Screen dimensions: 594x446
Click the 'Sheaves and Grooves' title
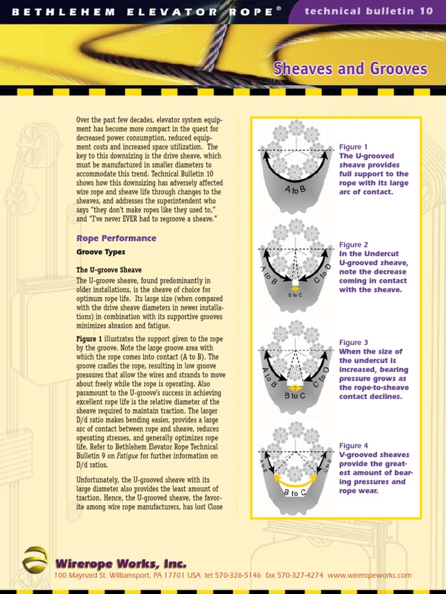coord(350,70)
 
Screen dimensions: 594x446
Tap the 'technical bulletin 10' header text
coord(369,11)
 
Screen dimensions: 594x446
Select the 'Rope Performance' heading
coord(116,238)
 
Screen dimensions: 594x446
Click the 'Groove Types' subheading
coord(100,252)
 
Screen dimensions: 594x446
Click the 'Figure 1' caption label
coord(354,147)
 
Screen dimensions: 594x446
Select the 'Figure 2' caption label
coord(354,245)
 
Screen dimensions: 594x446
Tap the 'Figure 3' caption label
coord(354,343)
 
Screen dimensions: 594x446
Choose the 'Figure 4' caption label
coord(354,445)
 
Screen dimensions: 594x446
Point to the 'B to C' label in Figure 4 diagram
coord(295,493)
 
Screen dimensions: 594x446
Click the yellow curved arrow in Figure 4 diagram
coord(295,480)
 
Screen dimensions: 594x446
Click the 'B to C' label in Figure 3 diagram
coord(295,396)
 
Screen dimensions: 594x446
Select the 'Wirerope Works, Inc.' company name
coord(121,563)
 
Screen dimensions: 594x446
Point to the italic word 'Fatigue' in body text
coord(128,456)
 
